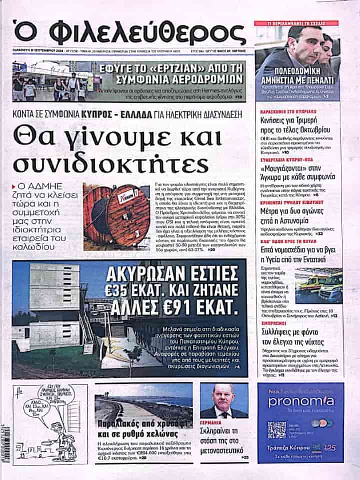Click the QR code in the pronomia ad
coord(276,429)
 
